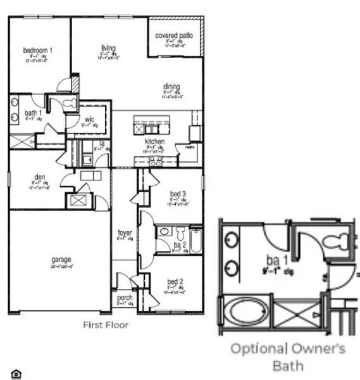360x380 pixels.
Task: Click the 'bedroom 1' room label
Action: click(x=38, y=50)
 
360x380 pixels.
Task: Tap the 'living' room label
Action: click(x=108, y=47)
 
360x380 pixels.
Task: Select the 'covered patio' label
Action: click(x=175, y=35)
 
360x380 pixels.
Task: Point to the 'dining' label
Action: click(x=171, y=87)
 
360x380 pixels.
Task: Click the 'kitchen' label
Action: click(x=154, y=141)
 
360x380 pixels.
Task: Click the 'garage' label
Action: click(x=61, y=259)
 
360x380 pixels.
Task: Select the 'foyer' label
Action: click(x=125, y=233)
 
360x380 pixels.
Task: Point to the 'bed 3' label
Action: click(x=178, y=193)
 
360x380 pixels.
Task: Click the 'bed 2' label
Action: click(x=175, y=281)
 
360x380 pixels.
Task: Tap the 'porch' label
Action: click(x=125, y=297)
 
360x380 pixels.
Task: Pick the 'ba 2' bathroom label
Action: click(x=179, y=244)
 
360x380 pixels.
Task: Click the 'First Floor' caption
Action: click(x=106, y=325)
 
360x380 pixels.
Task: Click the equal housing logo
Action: click(x=16, y=374)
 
